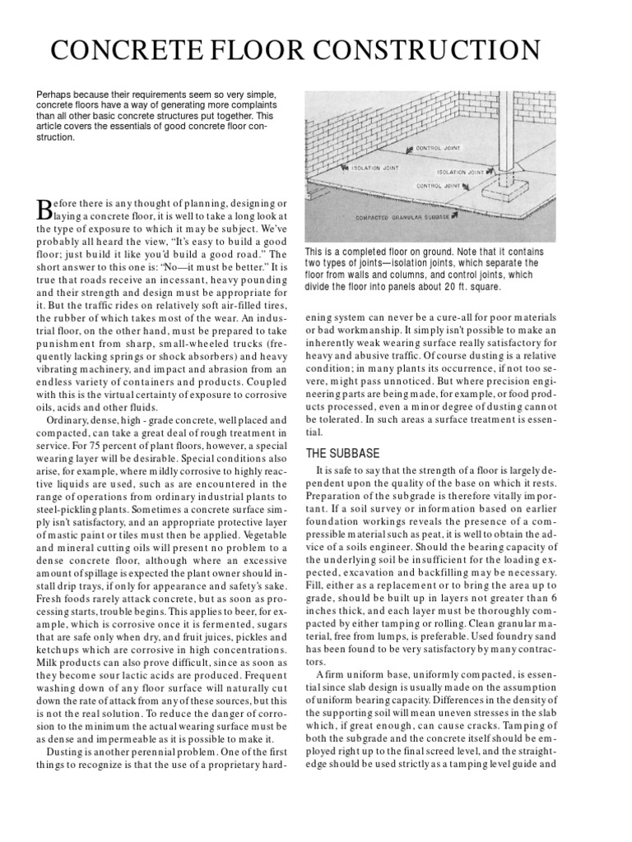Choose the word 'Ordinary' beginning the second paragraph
(x=72, y=421)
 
